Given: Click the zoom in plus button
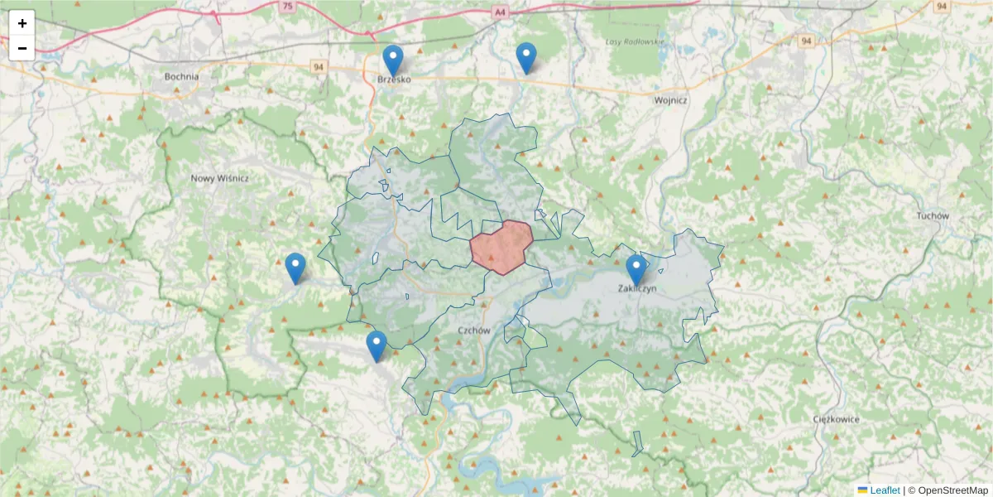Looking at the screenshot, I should tap(22, 23).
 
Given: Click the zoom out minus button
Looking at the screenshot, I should tap(22, 48).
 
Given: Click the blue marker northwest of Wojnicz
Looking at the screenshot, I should tap(526, 58).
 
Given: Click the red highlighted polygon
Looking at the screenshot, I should tap(501, 246).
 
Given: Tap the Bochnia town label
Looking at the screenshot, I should tap(181, 77).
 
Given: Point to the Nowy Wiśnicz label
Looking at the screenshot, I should tap(219, 178).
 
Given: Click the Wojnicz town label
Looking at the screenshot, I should tap(670, 100).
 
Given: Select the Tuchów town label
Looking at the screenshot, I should tap(932, 215).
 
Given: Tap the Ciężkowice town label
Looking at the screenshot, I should tap(835, 419).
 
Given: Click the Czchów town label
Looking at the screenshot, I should tap(474, 330).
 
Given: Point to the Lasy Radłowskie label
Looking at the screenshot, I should tap(635, 41).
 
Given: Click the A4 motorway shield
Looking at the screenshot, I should tap(499, 12).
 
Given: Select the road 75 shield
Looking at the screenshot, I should tap(287, 6).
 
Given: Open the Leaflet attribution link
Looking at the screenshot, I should tap(884, 490).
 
